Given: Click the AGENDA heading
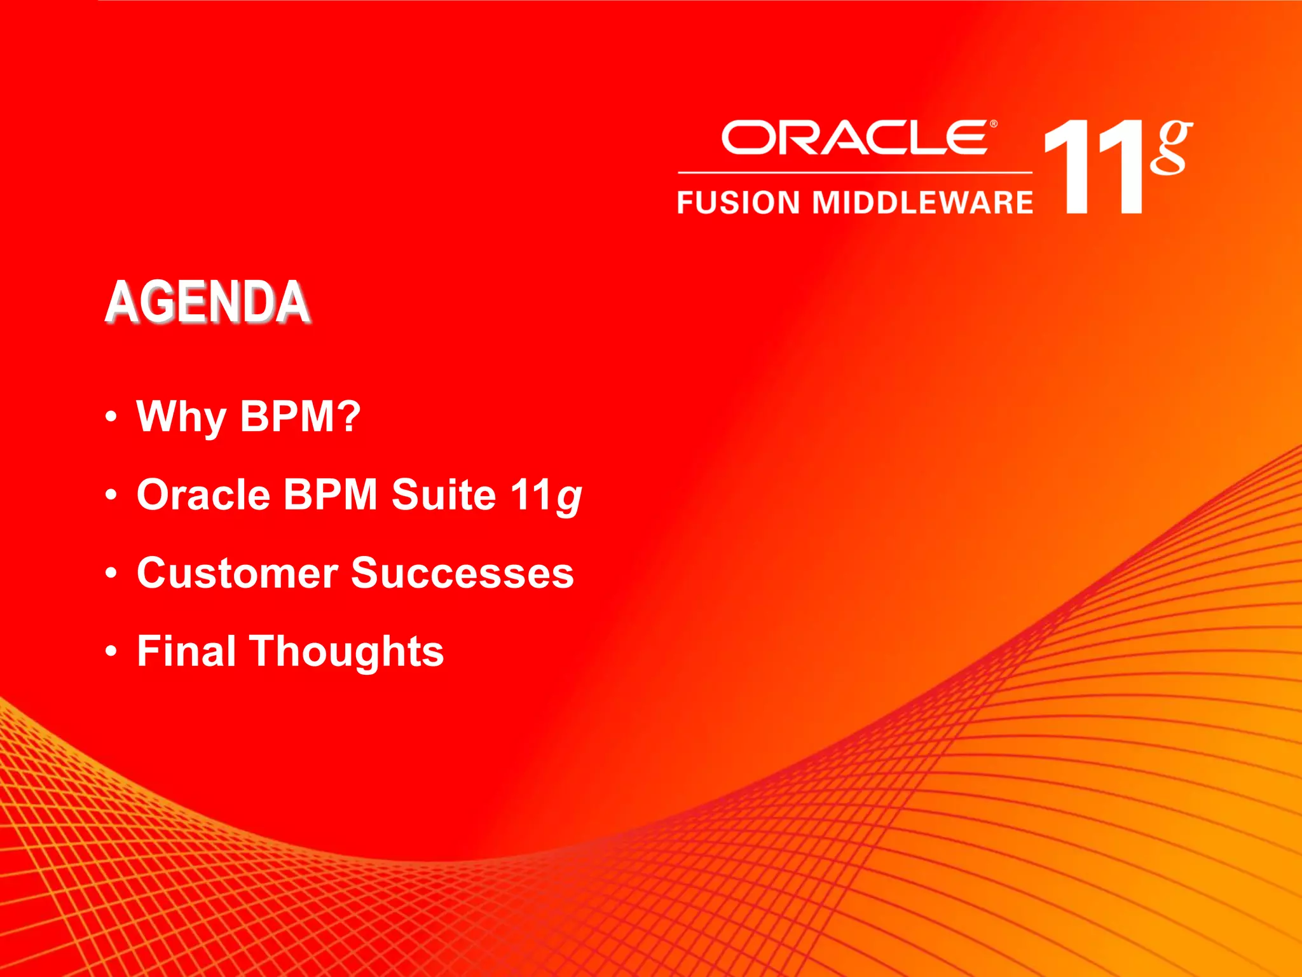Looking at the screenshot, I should (207, 302).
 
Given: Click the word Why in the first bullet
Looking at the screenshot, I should (181, 417).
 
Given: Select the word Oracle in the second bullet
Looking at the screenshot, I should (203, 495).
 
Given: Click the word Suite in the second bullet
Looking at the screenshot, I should (443, 495).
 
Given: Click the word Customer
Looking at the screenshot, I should (237, 573).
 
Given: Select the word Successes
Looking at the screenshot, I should (462, 573).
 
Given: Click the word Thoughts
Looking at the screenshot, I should (346, 653).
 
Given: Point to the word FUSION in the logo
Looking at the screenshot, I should (738, 203).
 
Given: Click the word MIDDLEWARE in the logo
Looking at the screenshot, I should (922, 203).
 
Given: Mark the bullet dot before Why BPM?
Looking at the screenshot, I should (112, 417).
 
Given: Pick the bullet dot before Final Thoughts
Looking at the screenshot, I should (112, 651).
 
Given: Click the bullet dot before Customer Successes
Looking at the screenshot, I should (112, 573).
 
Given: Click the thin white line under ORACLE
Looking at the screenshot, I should (854, 172).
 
